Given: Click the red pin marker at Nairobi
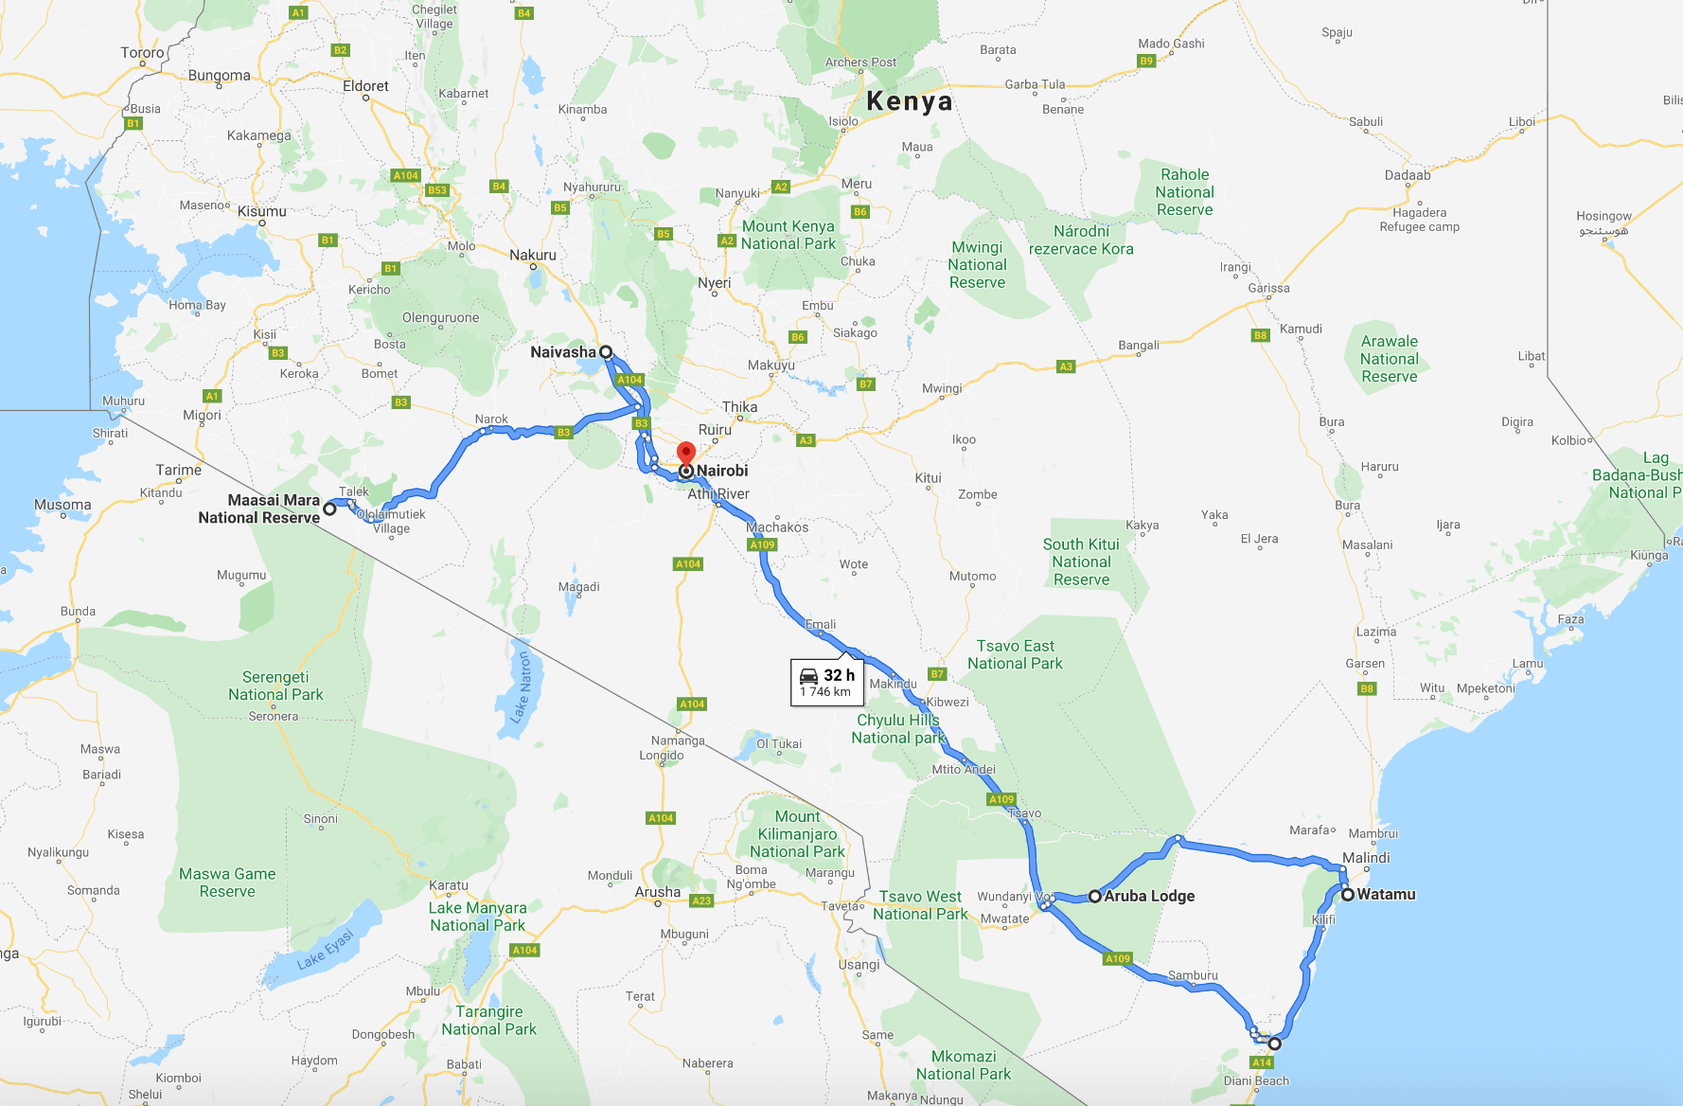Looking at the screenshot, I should point(686,454).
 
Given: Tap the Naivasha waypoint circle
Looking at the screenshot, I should point(606,352).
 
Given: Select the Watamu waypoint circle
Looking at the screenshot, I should point(1347,894).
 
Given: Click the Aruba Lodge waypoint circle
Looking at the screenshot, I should point(1095,896).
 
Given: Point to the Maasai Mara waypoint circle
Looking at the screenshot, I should point(329,508).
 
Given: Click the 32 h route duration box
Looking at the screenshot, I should point(826,682).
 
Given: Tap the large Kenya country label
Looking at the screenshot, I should point(909,101).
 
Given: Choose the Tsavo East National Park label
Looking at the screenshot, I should point(1015,654).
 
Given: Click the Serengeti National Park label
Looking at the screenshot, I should point(275,686).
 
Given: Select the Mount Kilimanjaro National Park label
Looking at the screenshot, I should point(797,834).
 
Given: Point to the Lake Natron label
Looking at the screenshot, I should point(521,687).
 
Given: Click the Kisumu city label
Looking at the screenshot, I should point(262,211).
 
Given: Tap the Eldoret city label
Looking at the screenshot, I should point(365,86).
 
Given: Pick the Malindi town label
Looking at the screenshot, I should point(1366,858).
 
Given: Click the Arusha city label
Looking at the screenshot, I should point(658,892).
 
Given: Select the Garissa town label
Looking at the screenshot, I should point(1268,288).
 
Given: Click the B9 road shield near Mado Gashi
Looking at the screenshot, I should point(1146,61).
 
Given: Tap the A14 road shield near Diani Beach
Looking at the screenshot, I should point(1262,1062).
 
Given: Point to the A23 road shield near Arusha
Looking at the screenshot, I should point(701,901).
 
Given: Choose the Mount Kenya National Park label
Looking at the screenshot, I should point(788,235).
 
